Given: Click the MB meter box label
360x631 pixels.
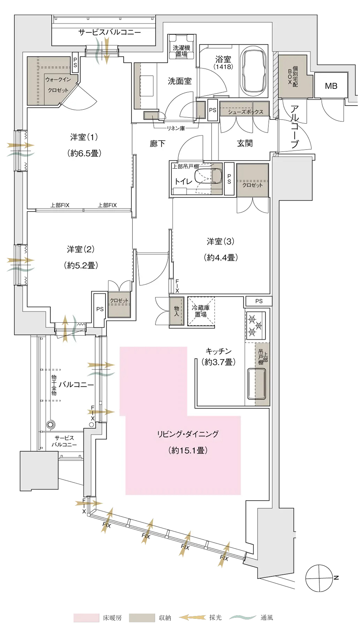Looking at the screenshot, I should [x=331, y=86].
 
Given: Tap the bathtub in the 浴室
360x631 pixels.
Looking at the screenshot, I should [x=253, y=72].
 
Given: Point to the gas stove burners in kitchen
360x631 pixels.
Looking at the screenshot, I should [x=255, y=325].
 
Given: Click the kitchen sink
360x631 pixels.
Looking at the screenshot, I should [x=256, y=383].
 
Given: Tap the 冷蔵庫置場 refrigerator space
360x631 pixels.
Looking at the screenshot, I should [x=201, y=311].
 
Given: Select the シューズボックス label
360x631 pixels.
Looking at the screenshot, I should [x=245, y=112].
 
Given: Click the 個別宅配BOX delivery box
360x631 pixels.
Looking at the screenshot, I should [x=293, y=76].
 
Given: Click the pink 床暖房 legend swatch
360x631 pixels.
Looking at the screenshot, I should [x=86, y=618].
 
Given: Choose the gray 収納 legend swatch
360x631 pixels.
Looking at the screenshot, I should [x=142, y=618].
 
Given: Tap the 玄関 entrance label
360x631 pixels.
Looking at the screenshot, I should [x=245, y=143].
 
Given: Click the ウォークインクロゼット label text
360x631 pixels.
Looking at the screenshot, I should [x=58, y=85].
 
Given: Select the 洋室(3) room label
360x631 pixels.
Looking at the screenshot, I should [x=220, y=241].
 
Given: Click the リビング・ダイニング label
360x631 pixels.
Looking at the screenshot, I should [x=188, y=434].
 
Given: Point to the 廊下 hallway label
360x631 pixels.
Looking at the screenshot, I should [x=158, y=144].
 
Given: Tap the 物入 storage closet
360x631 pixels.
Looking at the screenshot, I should [x=177, y=311].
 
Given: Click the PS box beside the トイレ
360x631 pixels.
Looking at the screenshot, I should [x=229, y=179].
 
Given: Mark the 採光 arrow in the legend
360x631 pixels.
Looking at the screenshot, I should [x=193, y=618].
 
